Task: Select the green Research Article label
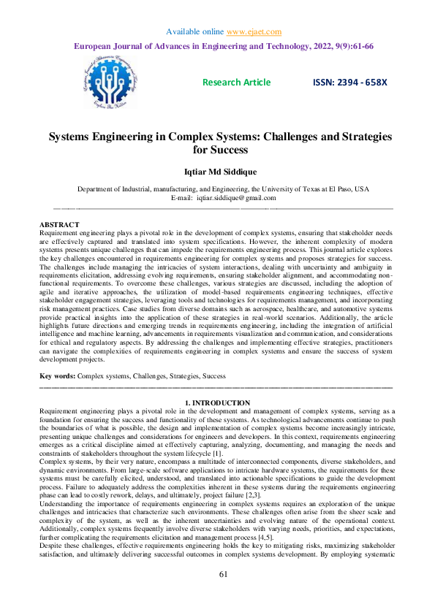point(236,83)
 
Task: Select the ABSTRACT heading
point(59,224)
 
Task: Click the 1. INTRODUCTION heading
point(217,402)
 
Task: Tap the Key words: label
point(57,375)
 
